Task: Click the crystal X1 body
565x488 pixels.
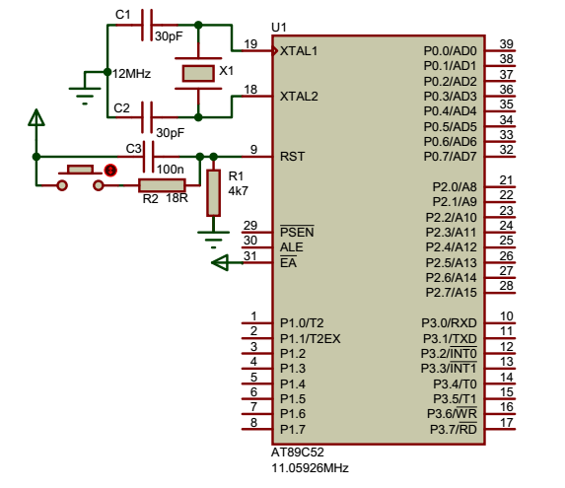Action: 198,73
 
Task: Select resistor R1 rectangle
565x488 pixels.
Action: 213,193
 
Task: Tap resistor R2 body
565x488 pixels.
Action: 162,185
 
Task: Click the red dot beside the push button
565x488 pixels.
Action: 110,170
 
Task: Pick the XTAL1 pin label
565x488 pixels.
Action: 299,51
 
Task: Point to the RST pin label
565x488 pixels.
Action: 292,157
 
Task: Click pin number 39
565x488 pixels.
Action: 506,43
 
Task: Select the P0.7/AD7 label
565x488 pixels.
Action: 450,157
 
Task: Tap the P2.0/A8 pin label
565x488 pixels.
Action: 455,187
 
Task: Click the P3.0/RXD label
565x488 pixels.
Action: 449,323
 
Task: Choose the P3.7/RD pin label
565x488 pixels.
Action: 454,429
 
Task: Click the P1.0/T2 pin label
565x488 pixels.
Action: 302,323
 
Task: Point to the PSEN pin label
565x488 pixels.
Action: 297,232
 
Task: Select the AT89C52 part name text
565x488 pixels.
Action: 297,452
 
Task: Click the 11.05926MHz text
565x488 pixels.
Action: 310,468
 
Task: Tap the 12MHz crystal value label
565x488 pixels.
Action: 131,74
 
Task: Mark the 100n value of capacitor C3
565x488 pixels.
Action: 170,169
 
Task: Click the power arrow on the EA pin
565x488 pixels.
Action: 220,262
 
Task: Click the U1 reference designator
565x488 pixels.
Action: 279,28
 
